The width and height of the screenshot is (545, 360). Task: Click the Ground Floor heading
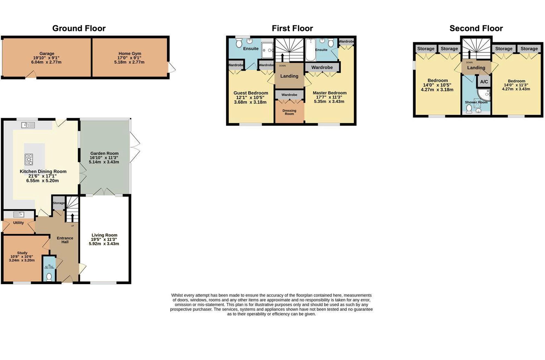79,28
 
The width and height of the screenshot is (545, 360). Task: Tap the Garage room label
47,54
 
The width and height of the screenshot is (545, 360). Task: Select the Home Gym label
130,54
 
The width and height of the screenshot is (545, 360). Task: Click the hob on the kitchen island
29,160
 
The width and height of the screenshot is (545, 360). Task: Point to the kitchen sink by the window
28,125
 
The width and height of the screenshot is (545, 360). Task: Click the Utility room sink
19,215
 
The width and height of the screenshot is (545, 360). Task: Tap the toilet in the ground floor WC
49,277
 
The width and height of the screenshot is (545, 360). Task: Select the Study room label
22,253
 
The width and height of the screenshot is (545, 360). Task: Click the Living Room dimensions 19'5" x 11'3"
104,239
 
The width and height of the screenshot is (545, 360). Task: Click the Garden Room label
104,153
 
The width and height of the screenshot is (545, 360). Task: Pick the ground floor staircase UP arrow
72,217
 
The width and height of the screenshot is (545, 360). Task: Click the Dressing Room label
289,112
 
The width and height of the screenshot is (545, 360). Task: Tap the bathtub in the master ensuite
310,50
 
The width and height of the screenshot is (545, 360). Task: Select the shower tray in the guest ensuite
267,50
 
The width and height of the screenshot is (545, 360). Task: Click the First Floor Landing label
289,76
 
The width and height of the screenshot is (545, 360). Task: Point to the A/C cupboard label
484,82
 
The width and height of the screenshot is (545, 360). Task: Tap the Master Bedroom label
329,93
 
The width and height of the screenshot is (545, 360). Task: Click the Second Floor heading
476,28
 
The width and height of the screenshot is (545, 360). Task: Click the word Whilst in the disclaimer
177,295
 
